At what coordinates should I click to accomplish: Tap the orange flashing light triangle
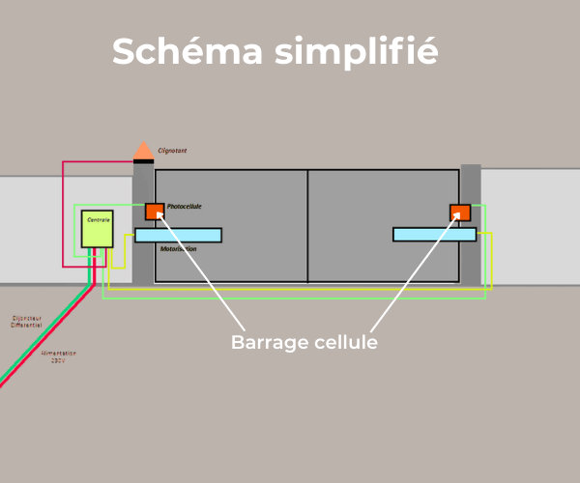(x=143, y=151)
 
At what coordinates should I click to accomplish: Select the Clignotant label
(x=172, y=151)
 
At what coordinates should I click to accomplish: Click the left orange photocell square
(x=155, y=212)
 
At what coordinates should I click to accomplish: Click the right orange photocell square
(x=460, y=213)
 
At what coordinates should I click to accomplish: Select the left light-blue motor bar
(x=178, y=235)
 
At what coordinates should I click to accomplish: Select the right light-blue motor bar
(x=434, y=234)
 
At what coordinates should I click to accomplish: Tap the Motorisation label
(x=178, y=249)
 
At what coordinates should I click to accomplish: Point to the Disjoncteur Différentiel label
(x=26, y=321)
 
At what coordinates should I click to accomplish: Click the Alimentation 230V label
(x=59, y=356)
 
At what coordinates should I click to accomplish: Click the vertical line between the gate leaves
(x=307, y=226)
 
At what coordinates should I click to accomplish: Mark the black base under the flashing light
(x=143, y=160)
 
